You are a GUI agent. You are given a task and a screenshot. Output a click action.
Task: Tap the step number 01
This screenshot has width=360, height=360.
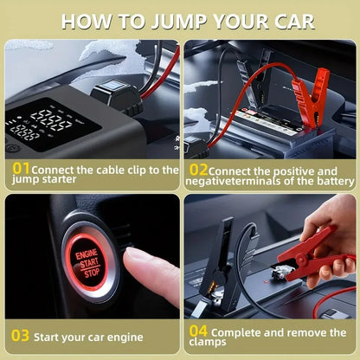21,170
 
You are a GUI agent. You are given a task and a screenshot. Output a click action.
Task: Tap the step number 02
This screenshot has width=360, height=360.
198,170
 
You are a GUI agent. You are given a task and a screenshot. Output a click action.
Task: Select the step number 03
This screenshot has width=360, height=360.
20,335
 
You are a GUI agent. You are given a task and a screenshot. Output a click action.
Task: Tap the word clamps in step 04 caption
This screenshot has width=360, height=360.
204,344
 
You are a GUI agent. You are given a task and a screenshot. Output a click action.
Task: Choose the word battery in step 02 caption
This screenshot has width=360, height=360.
331,181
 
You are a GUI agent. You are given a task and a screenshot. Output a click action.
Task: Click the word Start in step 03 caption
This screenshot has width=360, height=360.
53,335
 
